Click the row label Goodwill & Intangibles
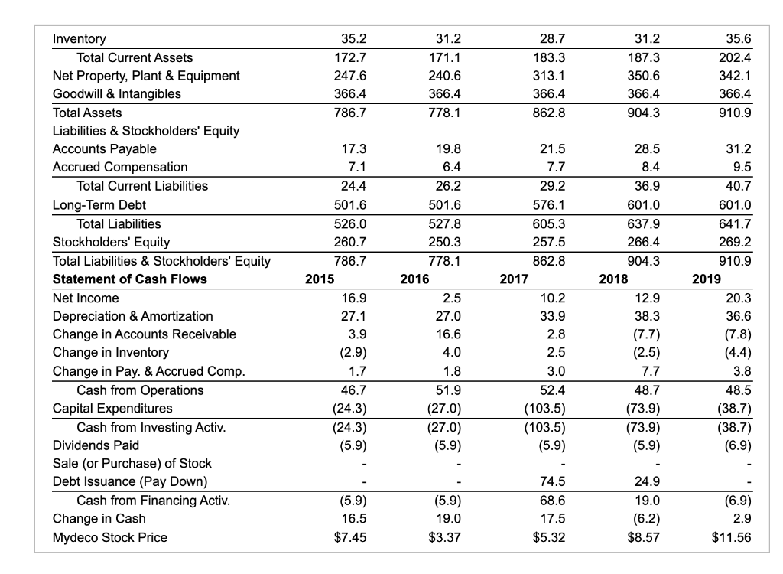116,94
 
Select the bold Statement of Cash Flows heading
129,279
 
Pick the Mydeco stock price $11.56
732,537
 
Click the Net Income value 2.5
450,298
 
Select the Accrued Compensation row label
119,168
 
